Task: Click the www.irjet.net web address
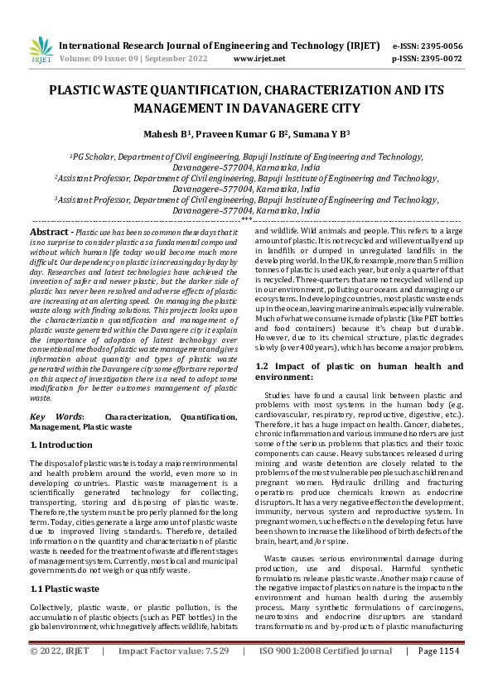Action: tap(259, 59)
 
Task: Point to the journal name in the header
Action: tap(220, 46)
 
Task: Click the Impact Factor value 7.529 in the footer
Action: tap(217, 675)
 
